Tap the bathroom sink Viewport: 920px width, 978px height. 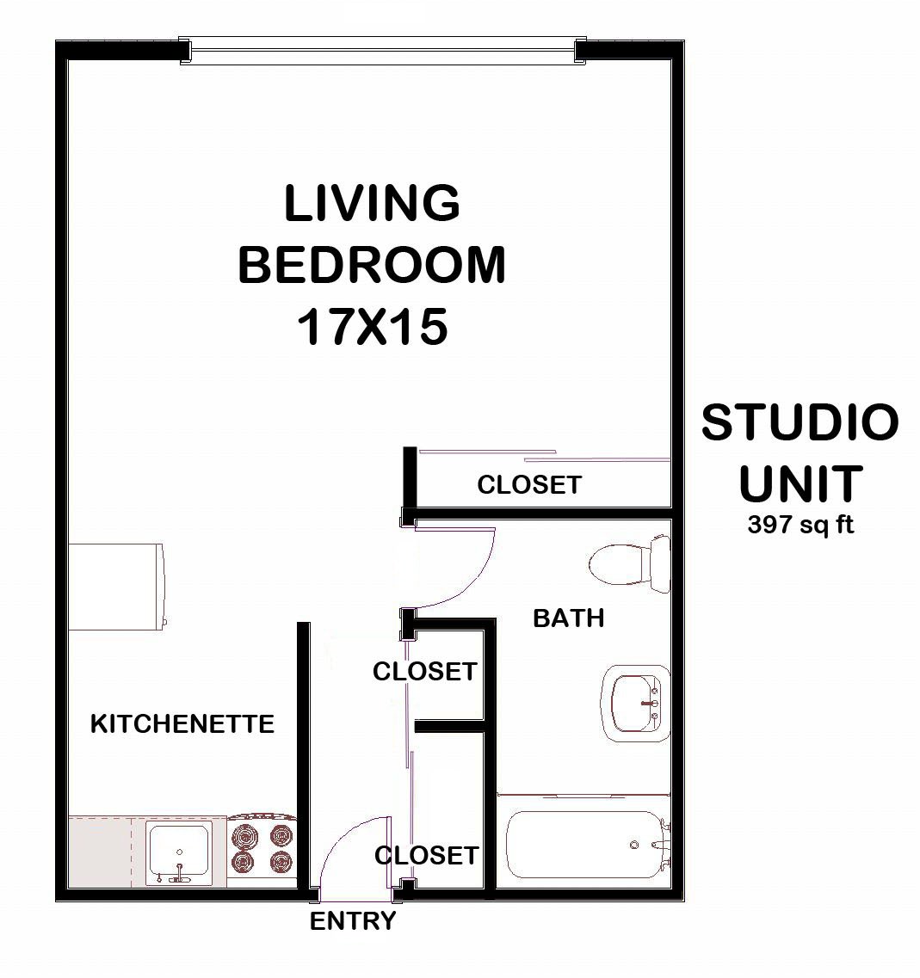[x=635, y=702]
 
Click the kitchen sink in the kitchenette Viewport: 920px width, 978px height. [x=179, y=851]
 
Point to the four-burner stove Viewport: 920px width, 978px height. [x=262, y=848]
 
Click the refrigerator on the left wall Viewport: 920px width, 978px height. [x=116, y=585]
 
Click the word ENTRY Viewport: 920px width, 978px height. [x=353, y=921]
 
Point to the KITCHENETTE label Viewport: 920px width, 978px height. [x=182, y=723]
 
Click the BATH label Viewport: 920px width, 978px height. [x=568, y=618]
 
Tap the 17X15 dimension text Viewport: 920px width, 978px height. [x=372, y=328]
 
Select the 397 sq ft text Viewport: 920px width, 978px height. [x=800, y=525]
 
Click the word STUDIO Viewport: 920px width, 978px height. [x=800, y=422]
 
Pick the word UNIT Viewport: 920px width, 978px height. [x=800, y=483]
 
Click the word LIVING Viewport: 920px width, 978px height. [x=372, y=204]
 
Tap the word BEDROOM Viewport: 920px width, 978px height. [x=372, y=265]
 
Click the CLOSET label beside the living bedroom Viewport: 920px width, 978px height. [x=529, y=484]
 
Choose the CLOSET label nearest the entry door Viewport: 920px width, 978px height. [x=426, y=855]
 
